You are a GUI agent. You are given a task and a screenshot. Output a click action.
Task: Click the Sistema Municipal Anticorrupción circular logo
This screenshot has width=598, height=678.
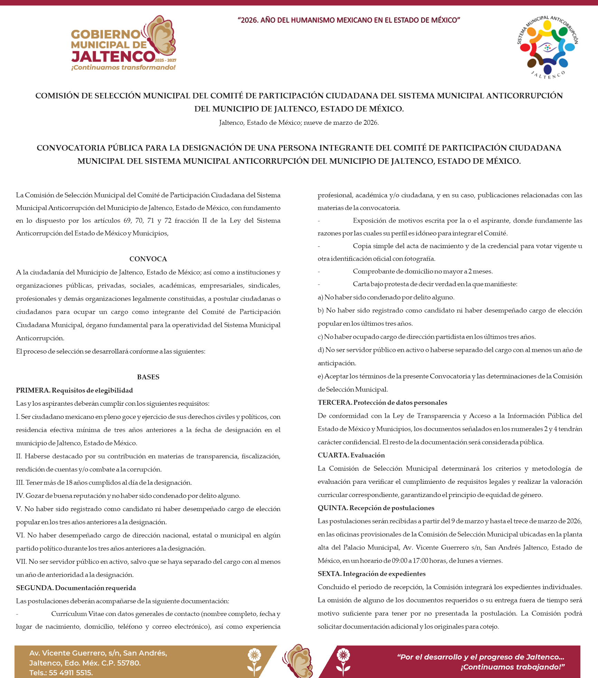click(x=548, y=47)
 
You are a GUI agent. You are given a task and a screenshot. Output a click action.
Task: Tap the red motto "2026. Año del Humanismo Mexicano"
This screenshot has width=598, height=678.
click(x=349, y=20)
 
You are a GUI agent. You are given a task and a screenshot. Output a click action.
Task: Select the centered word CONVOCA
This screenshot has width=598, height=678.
click(x=148, y=259)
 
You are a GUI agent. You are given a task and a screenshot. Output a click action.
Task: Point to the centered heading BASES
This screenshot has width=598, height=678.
click(x=148, y=377)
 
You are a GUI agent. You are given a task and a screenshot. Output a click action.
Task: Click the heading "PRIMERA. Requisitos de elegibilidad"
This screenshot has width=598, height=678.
click(x=74, y=390)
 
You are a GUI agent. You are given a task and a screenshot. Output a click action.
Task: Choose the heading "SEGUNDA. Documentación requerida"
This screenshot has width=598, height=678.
click(x=76, y=588)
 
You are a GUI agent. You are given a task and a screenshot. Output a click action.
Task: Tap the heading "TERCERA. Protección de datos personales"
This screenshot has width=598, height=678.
click(x=382, y=403)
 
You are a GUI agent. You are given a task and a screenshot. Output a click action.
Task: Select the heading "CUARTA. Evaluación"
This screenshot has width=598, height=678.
click(x=351, y=455)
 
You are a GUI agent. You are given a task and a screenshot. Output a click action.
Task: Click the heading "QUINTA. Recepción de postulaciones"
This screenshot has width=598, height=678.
click(x=376, y=508)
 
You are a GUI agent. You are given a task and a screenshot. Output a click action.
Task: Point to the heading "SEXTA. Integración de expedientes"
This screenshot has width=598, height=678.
click(x=371, y=574)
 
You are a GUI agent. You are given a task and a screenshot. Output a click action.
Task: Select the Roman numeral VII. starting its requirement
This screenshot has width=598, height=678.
click(x=21, y=562)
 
